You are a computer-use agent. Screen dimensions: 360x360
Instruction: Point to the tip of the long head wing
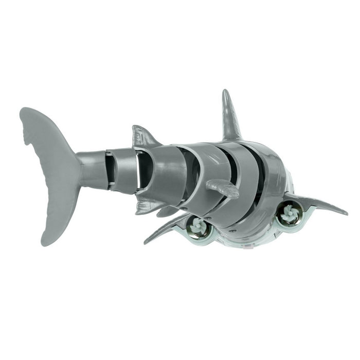pyautogui.click(x=345, y=212)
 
